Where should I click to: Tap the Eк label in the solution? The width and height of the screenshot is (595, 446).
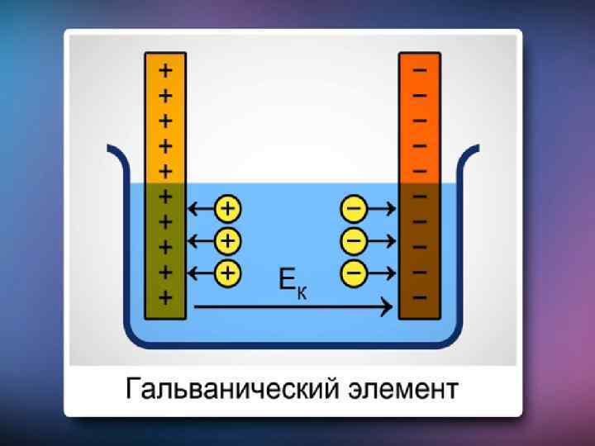(293, 284)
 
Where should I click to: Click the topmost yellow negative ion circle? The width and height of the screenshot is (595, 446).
(354, 209)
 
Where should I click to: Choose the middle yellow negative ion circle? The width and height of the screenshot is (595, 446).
(354, 240)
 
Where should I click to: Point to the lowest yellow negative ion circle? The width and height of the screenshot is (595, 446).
(354, 271)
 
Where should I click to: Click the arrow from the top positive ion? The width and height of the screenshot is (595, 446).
(202, 209)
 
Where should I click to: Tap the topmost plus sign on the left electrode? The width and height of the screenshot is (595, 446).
(165, 70)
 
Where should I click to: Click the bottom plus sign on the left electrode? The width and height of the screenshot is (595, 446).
(165, 297)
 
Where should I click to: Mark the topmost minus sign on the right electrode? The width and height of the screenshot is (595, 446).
(420, 70)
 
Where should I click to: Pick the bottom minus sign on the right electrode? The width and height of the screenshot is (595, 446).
(420, 297)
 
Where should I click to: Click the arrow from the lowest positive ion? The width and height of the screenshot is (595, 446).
(202, 271)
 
